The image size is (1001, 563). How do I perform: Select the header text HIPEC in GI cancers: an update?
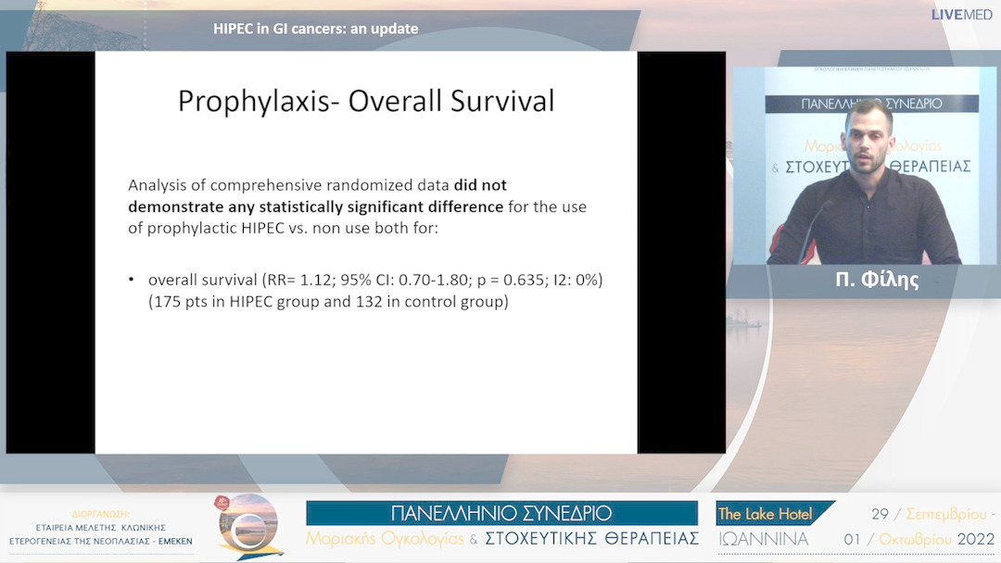315,29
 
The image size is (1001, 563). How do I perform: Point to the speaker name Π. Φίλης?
876,280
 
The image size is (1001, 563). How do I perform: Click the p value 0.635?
490,280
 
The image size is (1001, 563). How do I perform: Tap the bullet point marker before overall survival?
133,280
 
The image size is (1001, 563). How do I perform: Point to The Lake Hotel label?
765,514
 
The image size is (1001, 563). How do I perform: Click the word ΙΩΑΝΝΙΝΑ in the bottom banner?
763,539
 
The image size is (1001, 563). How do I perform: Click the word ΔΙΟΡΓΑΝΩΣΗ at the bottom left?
101,513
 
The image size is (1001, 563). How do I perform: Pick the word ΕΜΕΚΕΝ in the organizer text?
174,541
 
